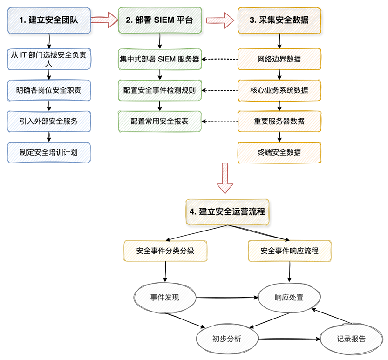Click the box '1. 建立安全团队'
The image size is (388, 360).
(x=49, y=20)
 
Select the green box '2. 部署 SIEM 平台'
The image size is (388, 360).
(x=160, y=20)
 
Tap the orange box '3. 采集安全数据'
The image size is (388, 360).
(x=279, y=20)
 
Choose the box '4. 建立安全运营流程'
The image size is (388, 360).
(x=227, y=212)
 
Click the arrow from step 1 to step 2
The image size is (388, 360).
(x=104, y=20)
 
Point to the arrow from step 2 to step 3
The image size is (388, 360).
(x=219, y=20)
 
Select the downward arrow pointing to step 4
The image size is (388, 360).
(x=225, y=178)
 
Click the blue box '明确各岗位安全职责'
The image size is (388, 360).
(x=49, y=90)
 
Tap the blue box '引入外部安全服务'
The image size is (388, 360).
(x=49, y=122)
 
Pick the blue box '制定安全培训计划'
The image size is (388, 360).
(x=49, y=152)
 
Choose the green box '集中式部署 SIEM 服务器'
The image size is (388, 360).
(x=160, y=59)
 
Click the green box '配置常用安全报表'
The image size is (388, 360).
(x=160, y=122)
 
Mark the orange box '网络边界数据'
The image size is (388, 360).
(x=279, y=59)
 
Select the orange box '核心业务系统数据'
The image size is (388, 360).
(x=279, y=90)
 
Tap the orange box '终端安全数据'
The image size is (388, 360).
(x=279, y=152)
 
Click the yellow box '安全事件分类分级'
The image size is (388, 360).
(x=165, y=251)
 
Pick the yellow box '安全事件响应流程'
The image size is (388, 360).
(x=290, y=251)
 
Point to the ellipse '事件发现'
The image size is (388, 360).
(x=165, y=298)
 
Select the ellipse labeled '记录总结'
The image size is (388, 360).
(x=351, y=339)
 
